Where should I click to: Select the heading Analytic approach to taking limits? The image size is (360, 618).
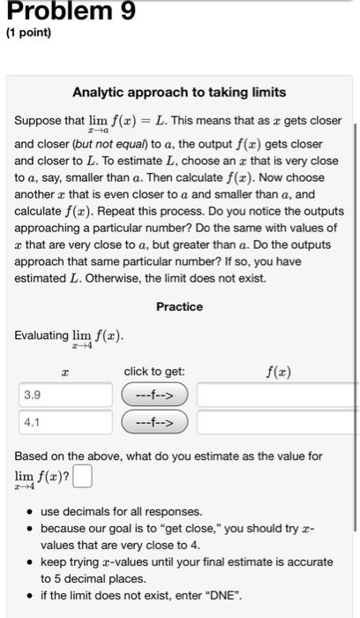(x=179, y=92)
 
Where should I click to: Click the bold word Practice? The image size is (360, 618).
(x=179, y=306)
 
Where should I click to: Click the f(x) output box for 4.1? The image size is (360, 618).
(x=277, y=422)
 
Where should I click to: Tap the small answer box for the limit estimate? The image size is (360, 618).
(x=82, y=479)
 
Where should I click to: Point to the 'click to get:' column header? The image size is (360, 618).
(x=154, y=372)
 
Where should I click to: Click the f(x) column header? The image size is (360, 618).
(x=278, y=372)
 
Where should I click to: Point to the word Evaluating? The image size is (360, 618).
(x=41, y=335)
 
